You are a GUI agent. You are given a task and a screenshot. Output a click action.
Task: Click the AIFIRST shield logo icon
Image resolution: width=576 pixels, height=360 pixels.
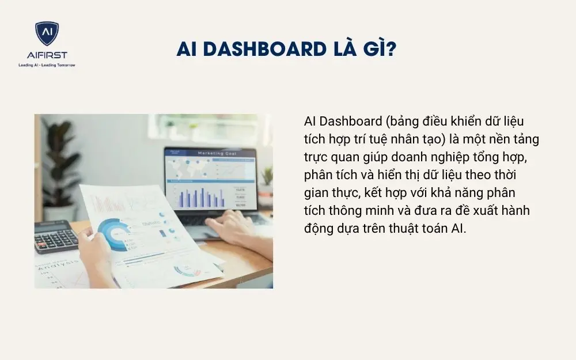tap(47, 33)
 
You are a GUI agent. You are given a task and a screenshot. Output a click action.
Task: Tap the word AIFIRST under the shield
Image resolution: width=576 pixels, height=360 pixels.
tap(47, 55)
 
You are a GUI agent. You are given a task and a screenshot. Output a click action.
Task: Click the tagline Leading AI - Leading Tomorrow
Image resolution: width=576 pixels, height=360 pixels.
tap(47, 65)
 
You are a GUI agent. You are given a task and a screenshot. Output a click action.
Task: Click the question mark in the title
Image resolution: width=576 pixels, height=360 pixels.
tap(391, 50)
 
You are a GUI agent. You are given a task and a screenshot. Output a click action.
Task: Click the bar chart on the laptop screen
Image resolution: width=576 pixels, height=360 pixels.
tap(199, 197)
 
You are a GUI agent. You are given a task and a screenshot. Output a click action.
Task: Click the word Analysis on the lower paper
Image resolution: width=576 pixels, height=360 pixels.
tap(58, 266)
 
